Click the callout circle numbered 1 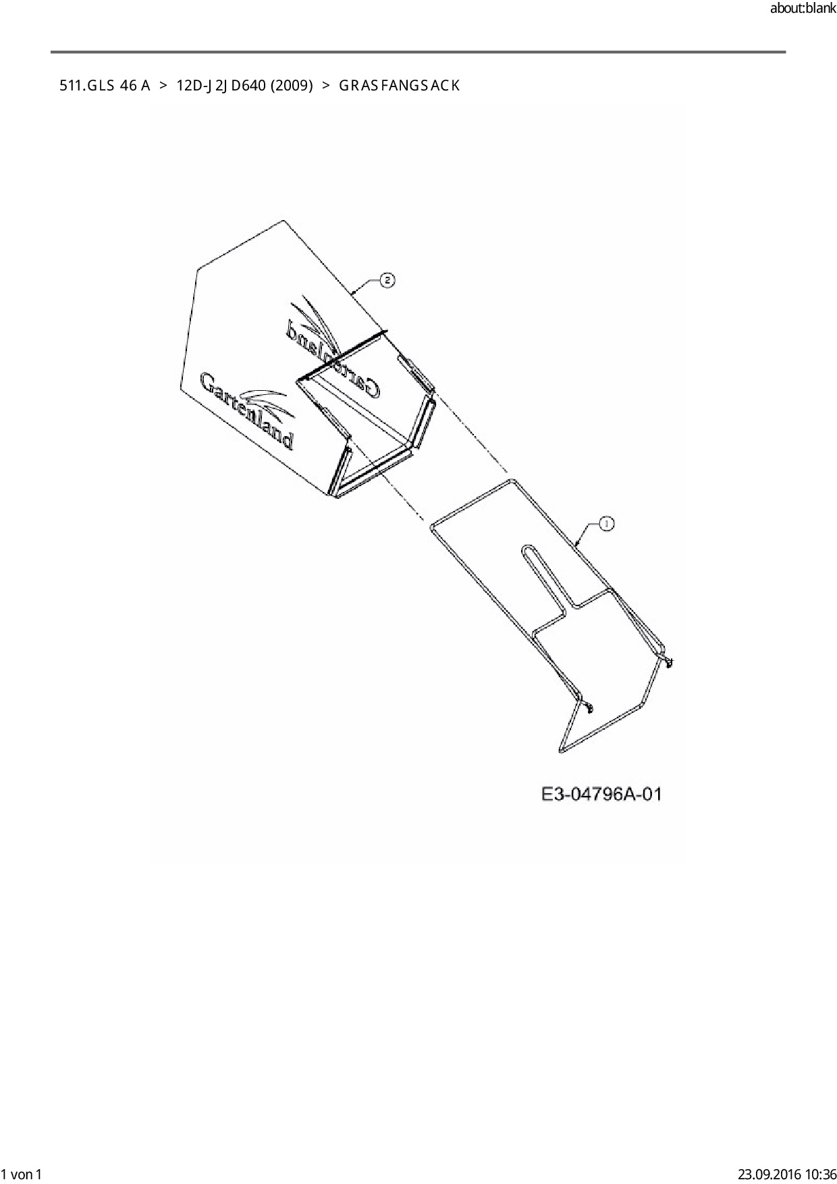[x=605, y=523]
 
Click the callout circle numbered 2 [x=387, y=280]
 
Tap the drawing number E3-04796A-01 [x=601, y=794]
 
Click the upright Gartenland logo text [x=246, y=410]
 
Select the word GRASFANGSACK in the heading [x=399, y=86]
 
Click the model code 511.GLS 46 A [x=105, y=86]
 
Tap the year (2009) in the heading [x=291, y=86]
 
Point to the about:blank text [x=802, y=9]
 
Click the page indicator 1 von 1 [x=22, y=1174]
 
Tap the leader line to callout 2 [x=367, y=286]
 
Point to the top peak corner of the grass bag [x=283, y=220]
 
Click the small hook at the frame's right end [x=668, y=662]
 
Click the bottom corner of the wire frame [x=562, y=749]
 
